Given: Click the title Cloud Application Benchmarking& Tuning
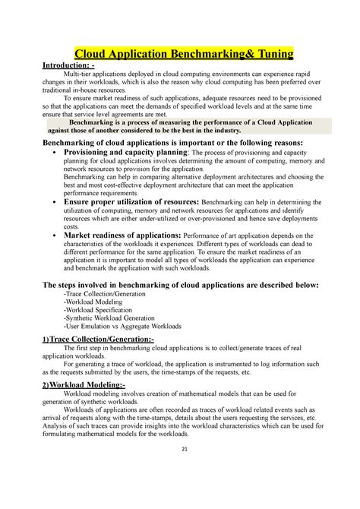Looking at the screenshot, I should [182, 55].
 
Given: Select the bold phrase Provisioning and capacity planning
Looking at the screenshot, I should [125, 152].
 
